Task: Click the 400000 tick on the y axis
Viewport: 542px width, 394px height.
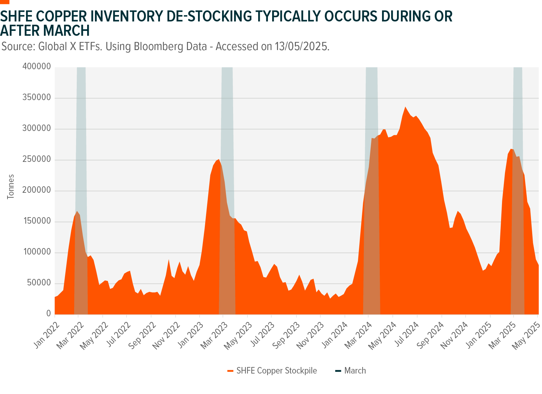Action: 36,67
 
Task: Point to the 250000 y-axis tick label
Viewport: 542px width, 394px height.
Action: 36,160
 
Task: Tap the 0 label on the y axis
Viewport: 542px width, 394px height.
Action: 48,314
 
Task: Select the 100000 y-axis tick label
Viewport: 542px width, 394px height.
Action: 36,252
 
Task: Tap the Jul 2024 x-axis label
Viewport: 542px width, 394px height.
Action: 408,335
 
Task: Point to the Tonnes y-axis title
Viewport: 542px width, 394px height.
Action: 11,187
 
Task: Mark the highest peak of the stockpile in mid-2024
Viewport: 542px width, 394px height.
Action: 405,107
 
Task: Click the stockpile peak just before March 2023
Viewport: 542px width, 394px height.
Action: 219,159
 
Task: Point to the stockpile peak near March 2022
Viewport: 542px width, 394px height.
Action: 77,212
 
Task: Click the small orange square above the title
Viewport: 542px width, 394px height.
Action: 5,2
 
